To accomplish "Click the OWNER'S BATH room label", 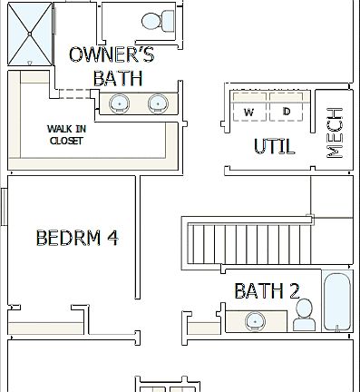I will (112, 66).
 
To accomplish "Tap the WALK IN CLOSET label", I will (65, 134).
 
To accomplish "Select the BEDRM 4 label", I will (77, 238).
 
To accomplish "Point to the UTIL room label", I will (275, 147).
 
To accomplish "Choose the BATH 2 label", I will (267, 290).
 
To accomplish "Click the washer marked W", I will (248, 108).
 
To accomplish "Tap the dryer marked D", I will (287, 108).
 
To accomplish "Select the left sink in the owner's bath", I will (118, 103).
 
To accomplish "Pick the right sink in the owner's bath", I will (157, 103).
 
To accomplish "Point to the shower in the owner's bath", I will (31, 33).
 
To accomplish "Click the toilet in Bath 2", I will (304, 315).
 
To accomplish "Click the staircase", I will (245, 241).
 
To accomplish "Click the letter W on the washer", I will (248, 112).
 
